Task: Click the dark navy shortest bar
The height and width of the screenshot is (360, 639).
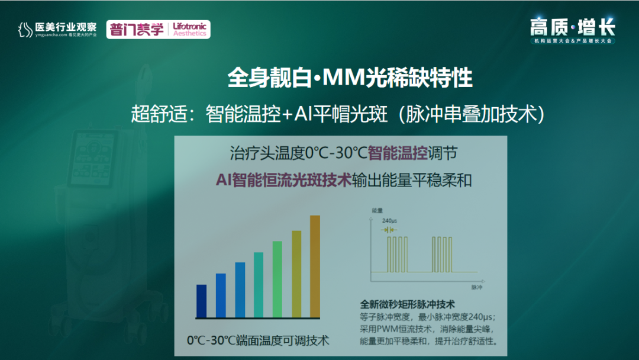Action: (201, 301)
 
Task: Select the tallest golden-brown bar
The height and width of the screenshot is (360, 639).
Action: (315, 266)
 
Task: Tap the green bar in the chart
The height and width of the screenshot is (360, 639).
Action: (277, 279)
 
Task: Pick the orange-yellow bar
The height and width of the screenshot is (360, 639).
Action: (296, 274)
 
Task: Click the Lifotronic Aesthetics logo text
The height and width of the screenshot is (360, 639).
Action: (189, 30)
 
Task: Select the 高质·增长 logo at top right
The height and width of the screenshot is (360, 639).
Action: (573, 28)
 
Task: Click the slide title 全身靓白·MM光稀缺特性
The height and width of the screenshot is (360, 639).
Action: (350, 78)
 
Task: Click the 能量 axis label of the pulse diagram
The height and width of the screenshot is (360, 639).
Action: (376, 210)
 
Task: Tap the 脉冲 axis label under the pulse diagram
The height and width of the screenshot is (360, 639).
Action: (477, 287)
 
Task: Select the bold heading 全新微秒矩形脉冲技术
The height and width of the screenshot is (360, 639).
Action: (406, 304)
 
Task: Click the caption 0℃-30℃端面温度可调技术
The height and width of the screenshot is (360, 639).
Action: (257, 340)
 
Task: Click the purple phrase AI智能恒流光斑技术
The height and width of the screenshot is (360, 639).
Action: (283, 180)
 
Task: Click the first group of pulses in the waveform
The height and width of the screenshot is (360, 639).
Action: (398, 253)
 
